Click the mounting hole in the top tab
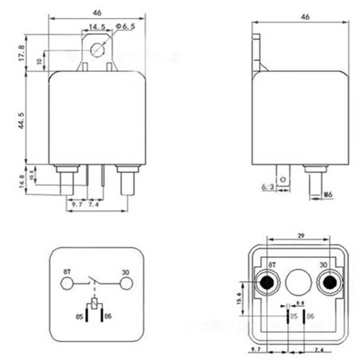pos(98,49)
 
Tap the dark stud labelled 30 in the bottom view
pos(327,282)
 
